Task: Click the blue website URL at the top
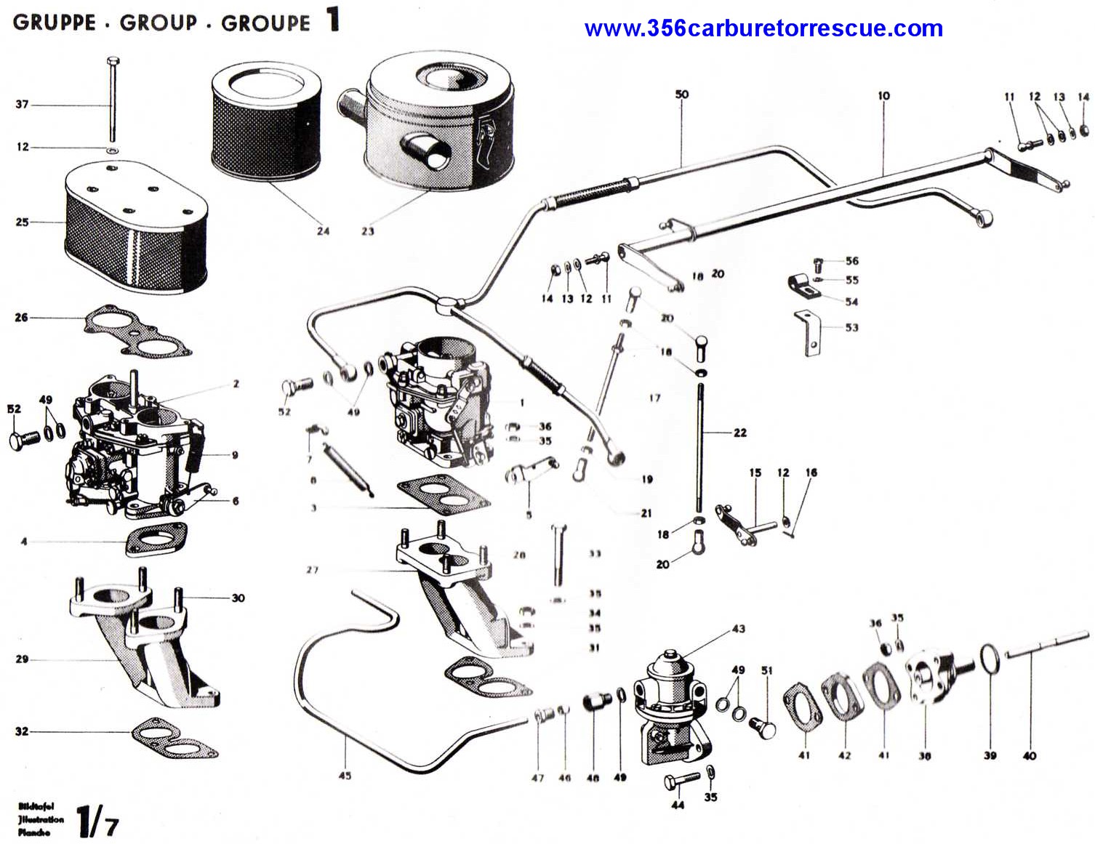tap(763, 29)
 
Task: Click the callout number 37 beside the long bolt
tap(23, 105)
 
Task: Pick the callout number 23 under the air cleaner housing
tap(367, 231)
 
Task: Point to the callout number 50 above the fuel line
tap(681, 95)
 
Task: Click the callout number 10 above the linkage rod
tap(883, 96)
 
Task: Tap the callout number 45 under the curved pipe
tap(345, 776)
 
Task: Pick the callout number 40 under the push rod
tap(1029, 756)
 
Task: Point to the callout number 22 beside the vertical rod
tap(739, 433)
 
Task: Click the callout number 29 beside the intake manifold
tap(22, 659)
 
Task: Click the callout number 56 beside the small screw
tap(851, 261)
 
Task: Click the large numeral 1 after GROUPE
tap(333, 20)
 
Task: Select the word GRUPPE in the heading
tap(55, 22)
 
